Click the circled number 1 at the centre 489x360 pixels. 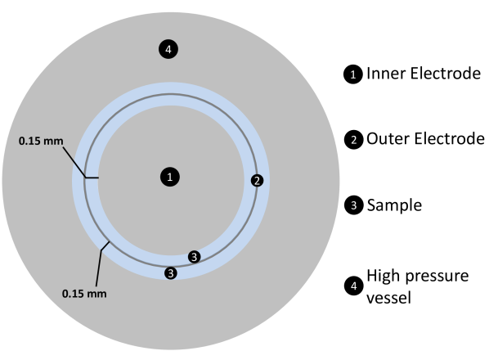click(170, 177)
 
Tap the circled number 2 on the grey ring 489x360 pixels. click(257, 180)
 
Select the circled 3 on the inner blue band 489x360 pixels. click(194, 257)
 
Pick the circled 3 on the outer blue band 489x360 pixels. click(170, 272)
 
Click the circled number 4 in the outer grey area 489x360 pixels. click(168, 50)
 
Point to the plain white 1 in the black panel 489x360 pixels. click(353, 74)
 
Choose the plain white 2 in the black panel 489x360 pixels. click(353, 140)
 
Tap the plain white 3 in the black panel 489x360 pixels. click(353, 205)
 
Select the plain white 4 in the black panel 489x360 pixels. click(353, 286)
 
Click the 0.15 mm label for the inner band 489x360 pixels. click(41, 141)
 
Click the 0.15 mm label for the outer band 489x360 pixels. click(84, 293)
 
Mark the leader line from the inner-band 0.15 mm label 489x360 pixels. click(74, 160)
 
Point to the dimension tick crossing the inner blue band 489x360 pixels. click(92, 177)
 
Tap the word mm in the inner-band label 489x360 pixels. click(54, 141)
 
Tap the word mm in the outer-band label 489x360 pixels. click(97, 293)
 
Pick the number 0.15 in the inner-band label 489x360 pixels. click(31, 141)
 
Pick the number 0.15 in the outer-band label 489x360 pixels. click(74, 293)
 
